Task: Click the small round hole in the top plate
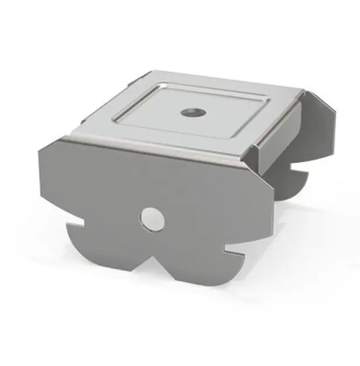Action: (190, 111)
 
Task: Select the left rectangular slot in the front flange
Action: (75, 223)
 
